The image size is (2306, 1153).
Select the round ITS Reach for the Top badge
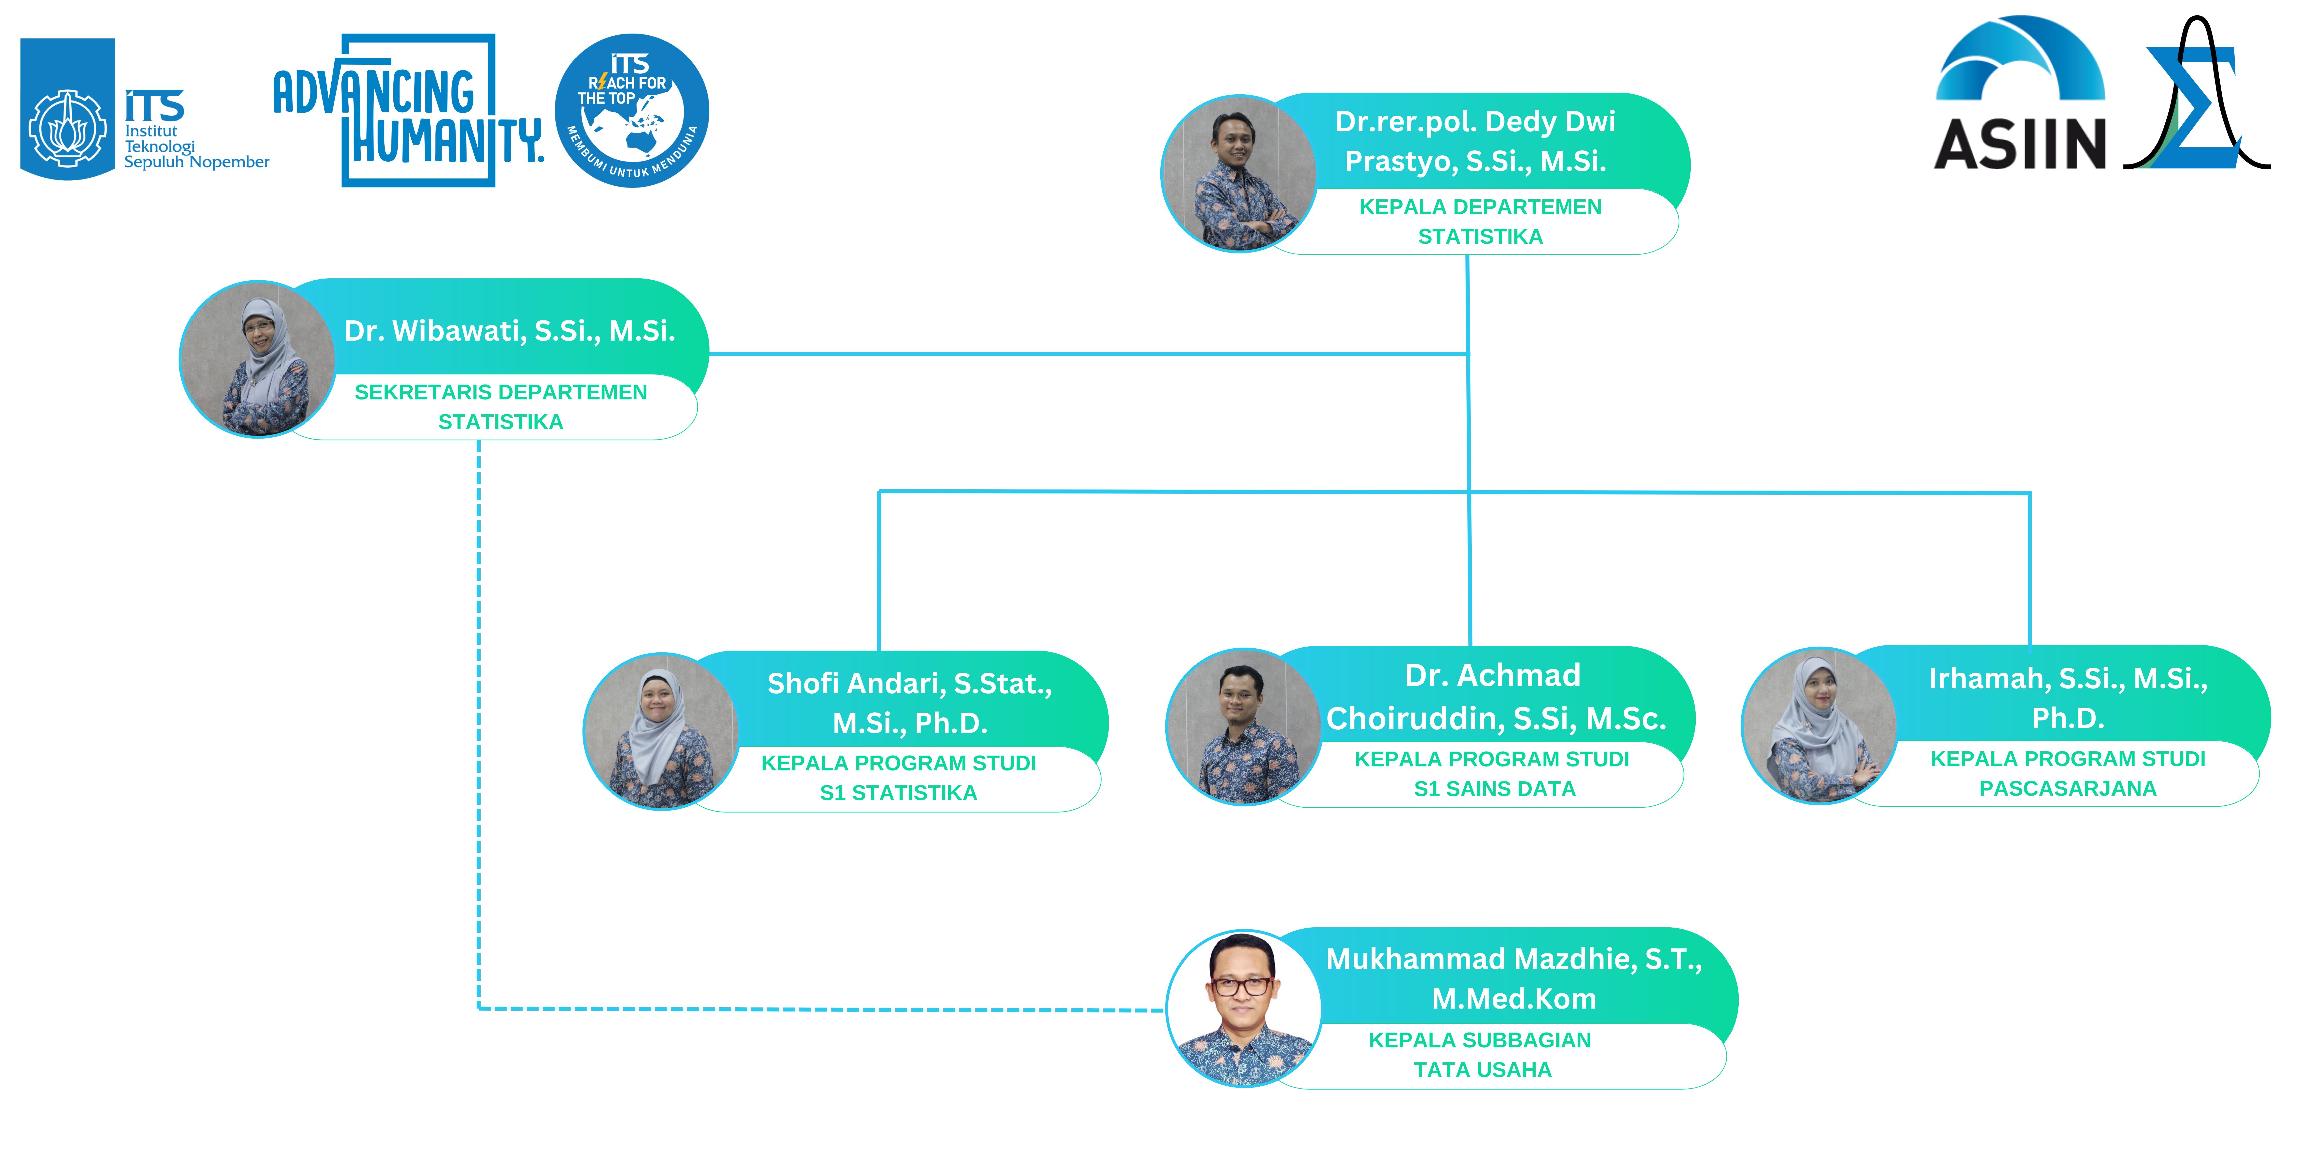click(x=632, y=111)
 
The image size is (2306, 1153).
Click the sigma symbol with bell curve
click(x=2198, y=98)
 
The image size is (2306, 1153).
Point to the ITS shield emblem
click(x=67, y=109)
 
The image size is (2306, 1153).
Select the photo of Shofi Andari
click(x=661, y=731)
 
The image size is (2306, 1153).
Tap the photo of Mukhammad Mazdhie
click(x=1244, y=1009)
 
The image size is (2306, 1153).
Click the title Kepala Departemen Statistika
click(x=1480, y=221)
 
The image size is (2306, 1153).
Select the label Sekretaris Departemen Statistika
click(x=500, y=406)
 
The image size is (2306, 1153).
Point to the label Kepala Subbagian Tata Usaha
click(x=1481, y=1055)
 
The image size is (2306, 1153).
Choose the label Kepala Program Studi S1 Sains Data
click(x=1492, y=773)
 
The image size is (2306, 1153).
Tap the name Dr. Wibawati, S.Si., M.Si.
click(x=509, y=331)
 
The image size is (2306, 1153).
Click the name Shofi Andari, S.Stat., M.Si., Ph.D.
click(x=909, y=703)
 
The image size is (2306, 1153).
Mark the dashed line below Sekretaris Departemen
click(x=479, y=716)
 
